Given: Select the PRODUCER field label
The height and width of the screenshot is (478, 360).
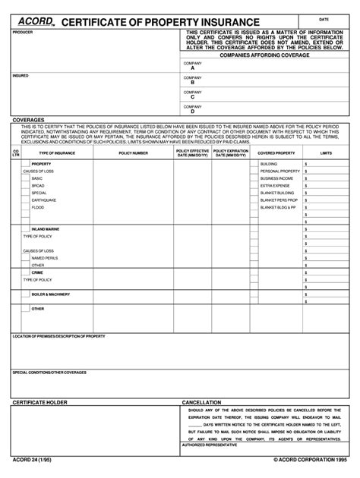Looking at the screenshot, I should (x=24, y=33).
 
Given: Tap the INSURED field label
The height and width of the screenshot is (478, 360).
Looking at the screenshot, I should (x=21, y=76).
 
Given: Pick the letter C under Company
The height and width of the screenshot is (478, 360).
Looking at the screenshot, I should (x=193, y=97).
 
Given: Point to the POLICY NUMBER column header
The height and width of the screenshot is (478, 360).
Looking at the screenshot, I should (x=134, y=153).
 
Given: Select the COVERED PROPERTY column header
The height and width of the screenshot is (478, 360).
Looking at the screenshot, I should (x=276, y=153).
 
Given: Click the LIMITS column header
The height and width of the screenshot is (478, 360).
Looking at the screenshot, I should (x=326, y=153).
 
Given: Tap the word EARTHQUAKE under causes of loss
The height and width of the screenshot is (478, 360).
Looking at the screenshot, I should (x=43, y=200).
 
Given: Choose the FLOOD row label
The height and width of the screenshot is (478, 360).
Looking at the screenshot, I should (x=38, y=207).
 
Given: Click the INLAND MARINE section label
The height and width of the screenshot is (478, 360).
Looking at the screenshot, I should (x=46, y=228).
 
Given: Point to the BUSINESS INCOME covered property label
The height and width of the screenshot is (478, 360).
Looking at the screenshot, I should (x=276, y=178).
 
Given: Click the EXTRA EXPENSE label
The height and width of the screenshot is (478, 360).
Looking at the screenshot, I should (x=275, y=185).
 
